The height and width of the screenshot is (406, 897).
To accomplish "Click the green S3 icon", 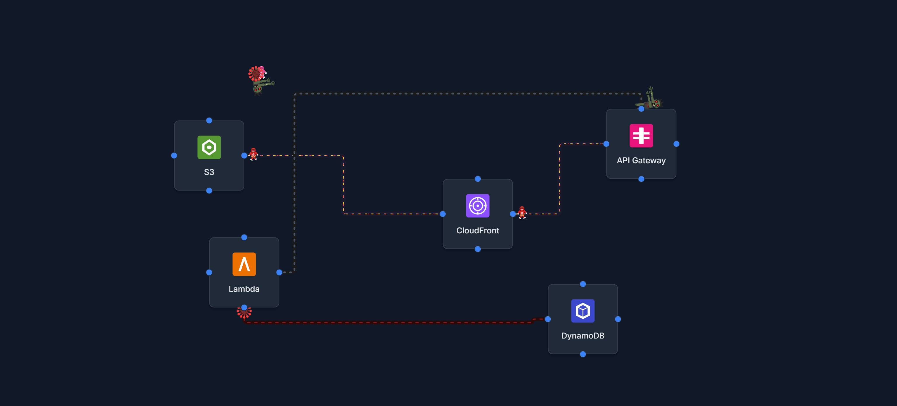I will click(x=209, y=147).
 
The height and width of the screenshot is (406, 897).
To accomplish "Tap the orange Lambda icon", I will click(x=244, y=264).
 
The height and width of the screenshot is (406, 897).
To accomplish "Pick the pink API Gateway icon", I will click(x=641, y=136).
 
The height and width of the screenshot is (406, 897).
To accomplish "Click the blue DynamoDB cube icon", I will click(x=583, y=310).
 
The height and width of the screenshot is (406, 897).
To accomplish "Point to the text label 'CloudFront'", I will click(x=477, y=230).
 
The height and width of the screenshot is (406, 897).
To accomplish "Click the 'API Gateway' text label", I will click(x=641, y=161).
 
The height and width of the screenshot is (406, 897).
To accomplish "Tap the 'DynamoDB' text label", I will click(x=583, y=336).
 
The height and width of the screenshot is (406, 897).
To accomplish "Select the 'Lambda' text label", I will click(x=244, y=289).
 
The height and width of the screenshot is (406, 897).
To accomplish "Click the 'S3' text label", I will click(x=209, y=172).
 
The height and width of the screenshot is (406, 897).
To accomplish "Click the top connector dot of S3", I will click(x=209, y=120).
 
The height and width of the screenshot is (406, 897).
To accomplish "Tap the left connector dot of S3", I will click(x=174, y=156).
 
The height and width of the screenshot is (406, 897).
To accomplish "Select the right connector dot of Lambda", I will click(x=279, y=272).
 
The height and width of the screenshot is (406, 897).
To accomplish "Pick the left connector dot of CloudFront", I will click(x=443, y=214).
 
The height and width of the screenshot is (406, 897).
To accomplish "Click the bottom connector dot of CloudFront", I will click(x=478, y=249).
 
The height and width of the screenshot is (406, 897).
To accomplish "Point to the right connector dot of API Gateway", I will click(x=676, y=144).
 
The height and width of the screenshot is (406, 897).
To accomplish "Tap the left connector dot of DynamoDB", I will click(x=548, y=319).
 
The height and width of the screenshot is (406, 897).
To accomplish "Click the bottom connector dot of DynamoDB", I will click(x=583, y=354).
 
